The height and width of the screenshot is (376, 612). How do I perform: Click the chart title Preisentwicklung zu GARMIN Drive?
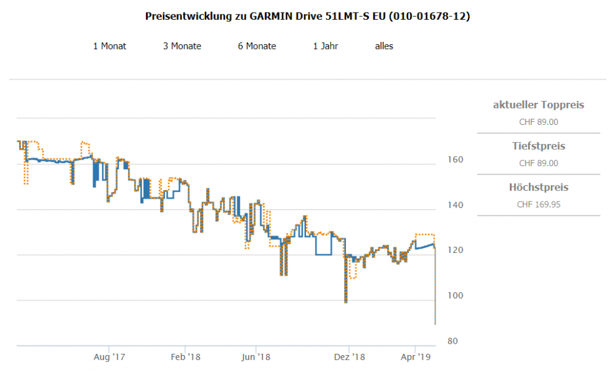tap(307, 16)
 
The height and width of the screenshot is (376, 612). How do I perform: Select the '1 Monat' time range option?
tap(109, 46)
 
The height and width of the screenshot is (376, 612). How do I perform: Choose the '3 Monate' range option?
tap(182, 46)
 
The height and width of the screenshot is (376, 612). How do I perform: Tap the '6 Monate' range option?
tap(257, 46)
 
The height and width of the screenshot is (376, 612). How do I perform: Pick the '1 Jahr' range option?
tap(325, 46)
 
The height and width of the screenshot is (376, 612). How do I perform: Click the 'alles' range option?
tap(384, 46)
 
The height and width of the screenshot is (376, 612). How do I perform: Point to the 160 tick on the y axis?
tap(455, 160)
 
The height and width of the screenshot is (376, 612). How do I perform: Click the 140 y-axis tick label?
tap(455, 205)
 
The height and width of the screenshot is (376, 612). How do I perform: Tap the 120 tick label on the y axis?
tap(455, 250)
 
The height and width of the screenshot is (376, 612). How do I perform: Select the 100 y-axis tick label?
tap(455, 296)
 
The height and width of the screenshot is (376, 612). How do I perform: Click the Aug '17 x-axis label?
tap(109, 357)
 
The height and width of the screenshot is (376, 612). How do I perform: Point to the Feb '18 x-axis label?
tap(185, 357)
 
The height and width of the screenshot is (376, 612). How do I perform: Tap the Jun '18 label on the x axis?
tap(256, 357)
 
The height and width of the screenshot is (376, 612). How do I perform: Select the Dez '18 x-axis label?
tap(349, 357)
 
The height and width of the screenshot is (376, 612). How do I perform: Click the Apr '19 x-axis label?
tap(415, 357)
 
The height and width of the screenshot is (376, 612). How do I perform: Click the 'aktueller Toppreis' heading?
tap(538, 105)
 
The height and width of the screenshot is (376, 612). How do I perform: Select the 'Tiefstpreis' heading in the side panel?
tap(538, 146)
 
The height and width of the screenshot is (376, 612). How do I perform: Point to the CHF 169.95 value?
tap(538, 204)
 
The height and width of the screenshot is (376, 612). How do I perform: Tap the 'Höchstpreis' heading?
tap(538, 187)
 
